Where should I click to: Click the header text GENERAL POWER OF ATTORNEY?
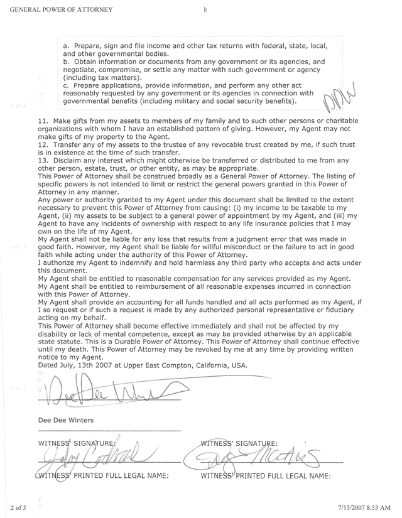(58, 10)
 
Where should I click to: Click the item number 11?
(43, 121)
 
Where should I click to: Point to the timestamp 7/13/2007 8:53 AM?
(367, 505)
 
